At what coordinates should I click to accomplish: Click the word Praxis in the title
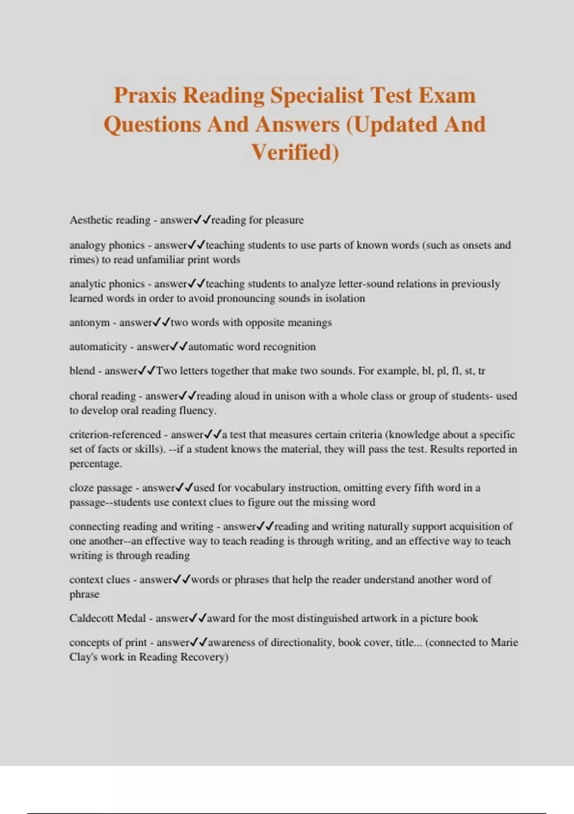(144, 95)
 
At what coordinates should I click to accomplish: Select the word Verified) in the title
(295, 152)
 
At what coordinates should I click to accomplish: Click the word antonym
(89, 323)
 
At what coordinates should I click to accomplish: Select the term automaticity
(98, 347)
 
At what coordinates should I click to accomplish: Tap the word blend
(82, 371)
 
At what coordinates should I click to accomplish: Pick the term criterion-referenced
(115, 435)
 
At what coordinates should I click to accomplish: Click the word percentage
(95, 464)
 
